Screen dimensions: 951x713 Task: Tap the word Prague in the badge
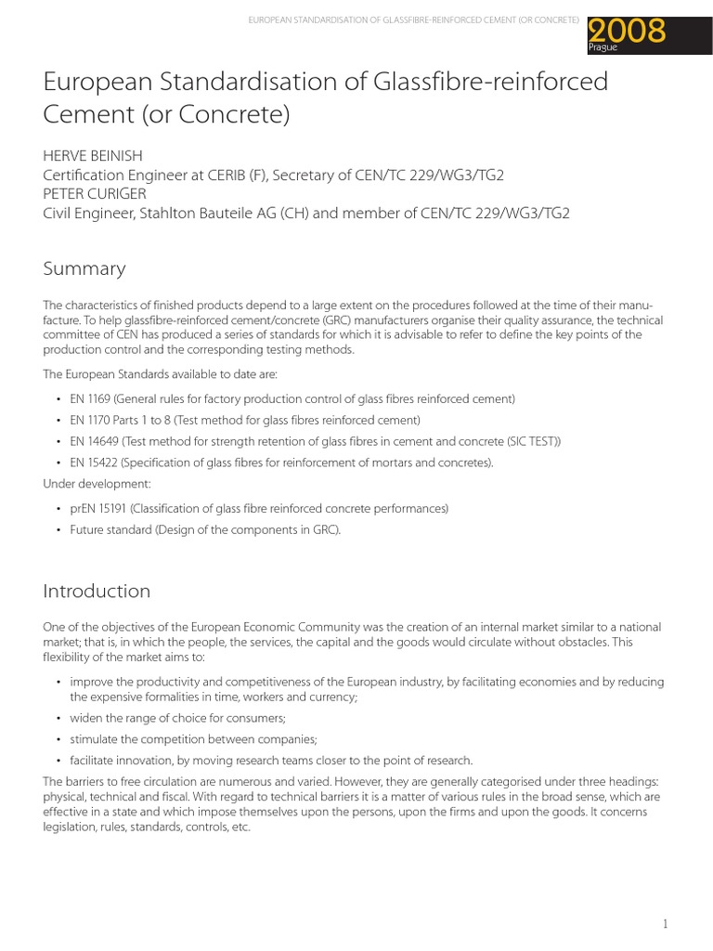603,47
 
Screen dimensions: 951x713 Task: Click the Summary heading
84,269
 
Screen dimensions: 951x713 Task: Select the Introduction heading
97,592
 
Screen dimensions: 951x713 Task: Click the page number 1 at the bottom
666,923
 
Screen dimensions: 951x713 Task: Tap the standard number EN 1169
90,398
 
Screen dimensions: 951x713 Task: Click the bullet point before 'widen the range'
58,718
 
